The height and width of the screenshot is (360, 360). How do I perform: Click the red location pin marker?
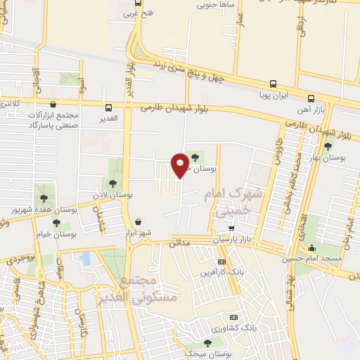[180, 165]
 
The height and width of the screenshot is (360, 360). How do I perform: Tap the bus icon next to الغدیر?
[109, 108]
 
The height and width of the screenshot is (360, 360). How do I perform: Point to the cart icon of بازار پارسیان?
[232, 228]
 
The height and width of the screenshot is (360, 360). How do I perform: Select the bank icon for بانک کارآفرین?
[221, 261]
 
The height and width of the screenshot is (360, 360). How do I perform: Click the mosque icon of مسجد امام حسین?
[312, 247]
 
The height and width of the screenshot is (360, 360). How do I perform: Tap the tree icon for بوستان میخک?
[207, 342]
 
